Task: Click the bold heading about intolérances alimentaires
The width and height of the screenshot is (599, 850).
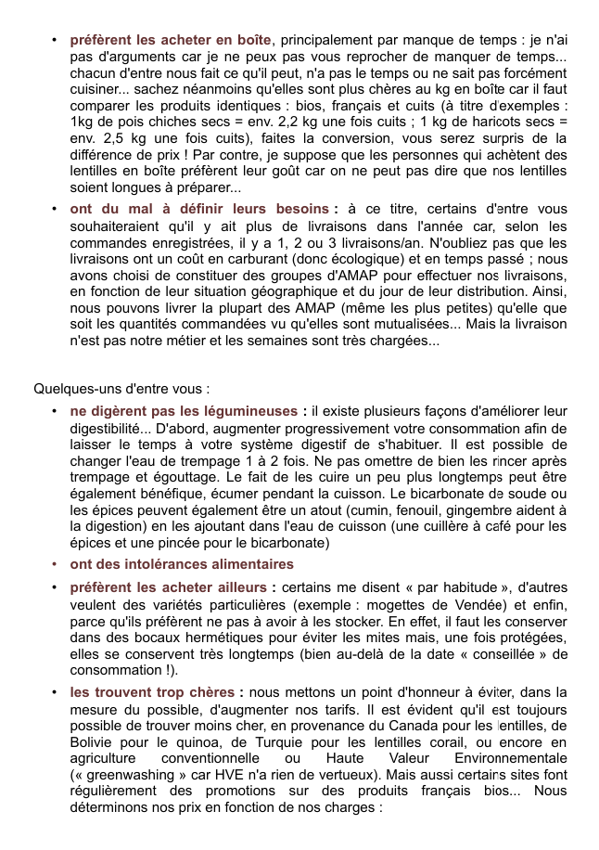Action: (x=182, y=564)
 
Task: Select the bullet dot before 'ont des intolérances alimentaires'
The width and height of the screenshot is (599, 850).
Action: (x=56, y=564)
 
